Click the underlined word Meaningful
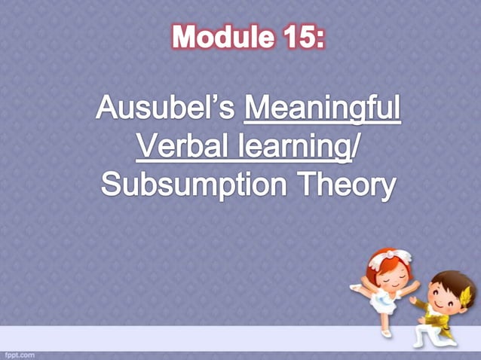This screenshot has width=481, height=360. click(323, 111)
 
